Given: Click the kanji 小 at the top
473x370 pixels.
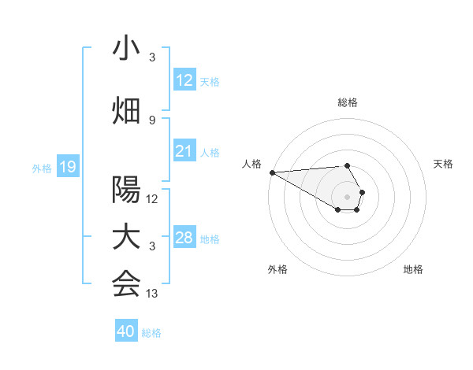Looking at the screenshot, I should click(126, 50).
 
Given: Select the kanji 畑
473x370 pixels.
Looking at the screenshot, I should click(126, 110).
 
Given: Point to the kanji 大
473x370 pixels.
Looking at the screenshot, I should click(126, 238).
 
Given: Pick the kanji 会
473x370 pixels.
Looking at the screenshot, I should click(126, 284).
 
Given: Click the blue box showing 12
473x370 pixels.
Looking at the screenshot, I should click(184, 80).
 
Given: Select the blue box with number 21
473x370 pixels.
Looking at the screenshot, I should click(184, 151).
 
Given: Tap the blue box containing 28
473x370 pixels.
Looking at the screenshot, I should click(184, 238).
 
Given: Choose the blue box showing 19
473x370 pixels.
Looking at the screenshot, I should click(68, 167).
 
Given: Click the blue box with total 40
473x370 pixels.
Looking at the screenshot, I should click(126, 331).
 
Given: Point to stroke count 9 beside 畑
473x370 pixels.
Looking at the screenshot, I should click(152, 120).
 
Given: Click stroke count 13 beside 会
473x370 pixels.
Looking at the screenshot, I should click(152, 294).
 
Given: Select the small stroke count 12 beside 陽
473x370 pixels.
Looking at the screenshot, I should click(152, 199).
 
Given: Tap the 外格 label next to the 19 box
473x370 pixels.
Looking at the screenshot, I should click(42, 168).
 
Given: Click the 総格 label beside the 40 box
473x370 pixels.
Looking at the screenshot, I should click(151, 332).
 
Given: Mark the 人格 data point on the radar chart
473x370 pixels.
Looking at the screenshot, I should click(271, 172).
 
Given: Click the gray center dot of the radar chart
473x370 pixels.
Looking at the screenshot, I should click(347, 196).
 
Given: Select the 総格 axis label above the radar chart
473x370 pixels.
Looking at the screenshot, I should click(347, 102).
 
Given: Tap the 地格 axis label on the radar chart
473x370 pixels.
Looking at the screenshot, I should click(413, 270).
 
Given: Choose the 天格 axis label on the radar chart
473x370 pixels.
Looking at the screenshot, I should click(443, 164).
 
